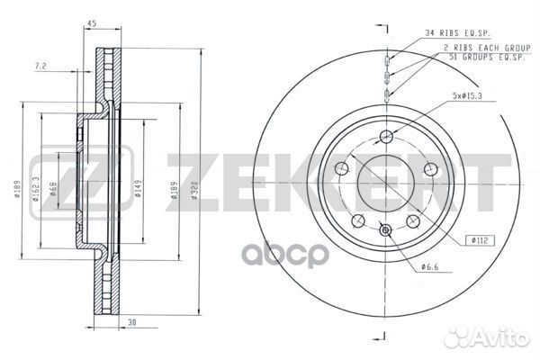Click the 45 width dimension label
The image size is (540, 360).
click(x=92, y=24)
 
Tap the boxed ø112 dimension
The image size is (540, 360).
click(x=478, y=239)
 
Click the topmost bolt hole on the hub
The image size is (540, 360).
click(x=386, y=136)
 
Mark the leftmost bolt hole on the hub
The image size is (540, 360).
click(x=342, y=169)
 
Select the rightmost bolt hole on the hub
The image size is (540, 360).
click(x=430, y=169)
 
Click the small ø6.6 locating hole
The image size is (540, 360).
click(x=386, y=231)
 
